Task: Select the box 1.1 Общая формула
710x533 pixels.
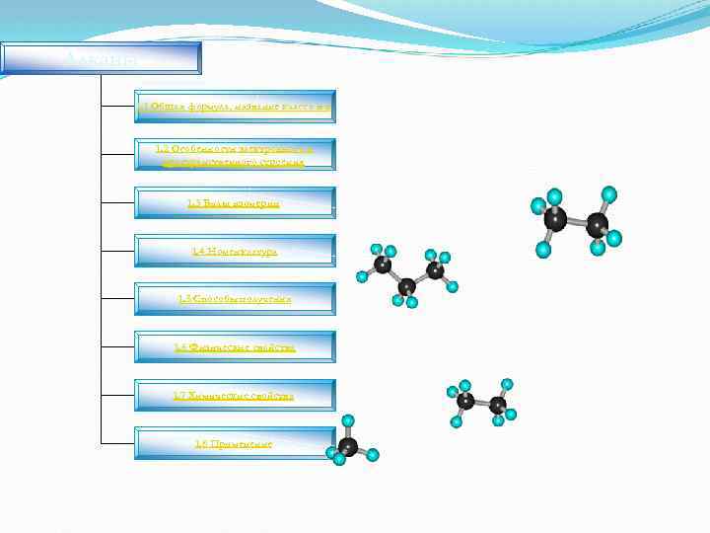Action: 235,107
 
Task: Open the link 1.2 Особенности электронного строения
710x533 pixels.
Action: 235,155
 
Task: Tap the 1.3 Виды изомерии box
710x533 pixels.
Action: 235,203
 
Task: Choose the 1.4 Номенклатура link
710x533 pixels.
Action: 235,252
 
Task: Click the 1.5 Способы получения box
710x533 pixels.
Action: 235,299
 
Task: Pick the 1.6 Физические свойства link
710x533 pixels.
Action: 235,347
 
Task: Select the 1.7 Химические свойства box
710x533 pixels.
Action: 235,396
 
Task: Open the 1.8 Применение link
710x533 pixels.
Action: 235,444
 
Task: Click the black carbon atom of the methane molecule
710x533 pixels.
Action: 348,447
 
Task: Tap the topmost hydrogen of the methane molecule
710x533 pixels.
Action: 348,421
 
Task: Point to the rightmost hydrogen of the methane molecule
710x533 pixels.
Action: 373,455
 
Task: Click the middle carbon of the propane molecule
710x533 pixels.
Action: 406,286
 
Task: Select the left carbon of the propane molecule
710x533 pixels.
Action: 383,265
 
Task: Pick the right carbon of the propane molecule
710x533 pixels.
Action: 435,269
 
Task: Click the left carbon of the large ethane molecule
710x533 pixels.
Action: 555,219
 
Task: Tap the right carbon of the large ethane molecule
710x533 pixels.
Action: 598,225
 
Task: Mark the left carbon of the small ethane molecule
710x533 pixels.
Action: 465,400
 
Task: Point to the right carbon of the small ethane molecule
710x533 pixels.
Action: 498,405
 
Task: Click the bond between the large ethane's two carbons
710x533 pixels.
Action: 577,222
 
